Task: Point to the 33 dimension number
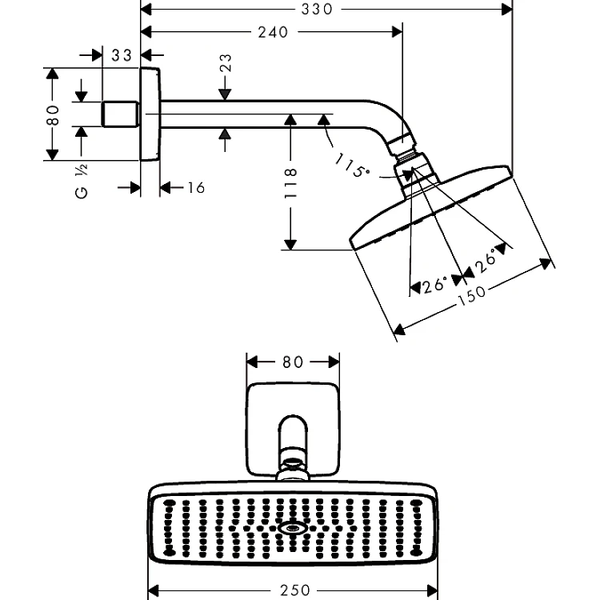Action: click(122, 55)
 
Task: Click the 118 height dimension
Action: click(291, 182)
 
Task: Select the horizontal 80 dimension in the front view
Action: click(293, 362)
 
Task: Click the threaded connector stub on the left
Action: click(121, 114)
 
